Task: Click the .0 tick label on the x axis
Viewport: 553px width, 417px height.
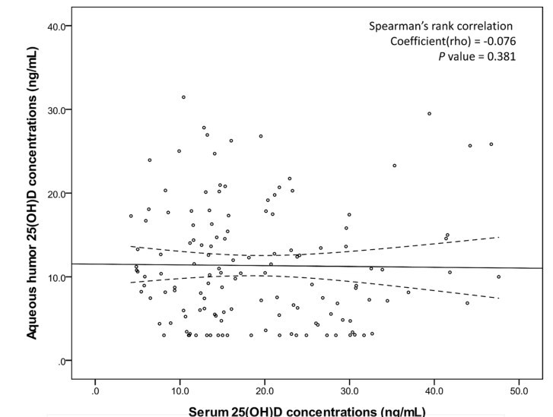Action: click(95, 392)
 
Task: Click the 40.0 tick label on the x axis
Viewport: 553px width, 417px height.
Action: click(434, 392)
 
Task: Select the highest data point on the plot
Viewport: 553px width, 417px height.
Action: click(183, 97)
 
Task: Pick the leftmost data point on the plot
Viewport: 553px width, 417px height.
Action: click(131, 216)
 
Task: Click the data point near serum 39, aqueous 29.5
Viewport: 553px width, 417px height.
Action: click(429, 114)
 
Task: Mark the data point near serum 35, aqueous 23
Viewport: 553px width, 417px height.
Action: click(394, 166)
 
